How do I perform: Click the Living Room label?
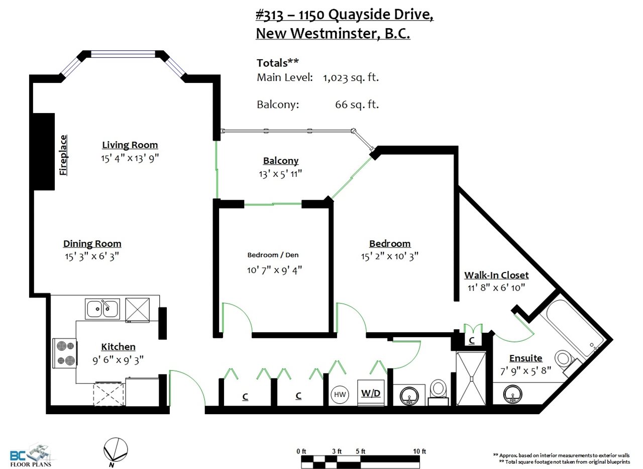pyautogui.click(x=130, y=145)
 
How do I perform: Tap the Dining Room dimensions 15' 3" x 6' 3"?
pyautogui.click(x=92, y=256)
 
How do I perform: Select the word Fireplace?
pyautogui.click(x=63, y=155)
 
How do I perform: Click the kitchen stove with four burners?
pyautogui.click(x=65, y=353)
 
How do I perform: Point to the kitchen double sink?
pyautogui.click(x=102, y=309)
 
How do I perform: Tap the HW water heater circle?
pyautogui.click(x=340, y=395)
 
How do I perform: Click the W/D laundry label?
pyautogui.click(x=371, y=393)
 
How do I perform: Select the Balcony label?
pyautogui.click(x=281, y=160)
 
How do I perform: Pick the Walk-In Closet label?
pyautogui.click(x=496, y=275)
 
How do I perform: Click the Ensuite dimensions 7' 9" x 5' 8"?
pyautogui.click(x=525, y=371)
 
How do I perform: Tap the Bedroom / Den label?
pyautogui.click(x=273, y=255)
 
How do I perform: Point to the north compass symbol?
pyautogui.click(x=116, y=450)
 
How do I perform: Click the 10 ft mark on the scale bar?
pyautogui.click(x=419, y=451)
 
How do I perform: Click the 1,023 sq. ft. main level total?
pyautogui.click(x=351, y=77)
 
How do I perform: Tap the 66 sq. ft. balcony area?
pyautogui.click(x=357, y=105)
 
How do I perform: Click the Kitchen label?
pyautogui.click(x=118, y=347)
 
